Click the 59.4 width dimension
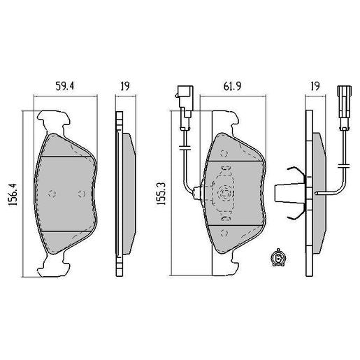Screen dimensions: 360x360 pos(65,87)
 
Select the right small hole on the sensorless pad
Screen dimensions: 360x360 pos(82,194)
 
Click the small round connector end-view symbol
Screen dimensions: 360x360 pos(277,260)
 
